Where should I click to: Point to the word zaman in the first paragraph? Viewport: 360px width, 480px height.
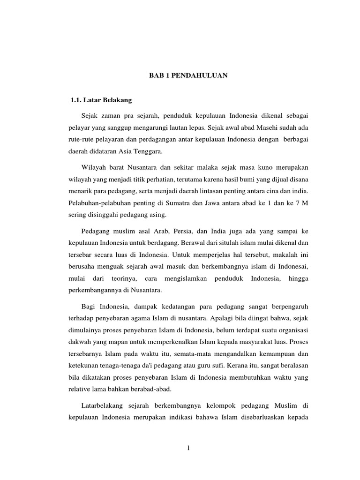click(x=110, y=115)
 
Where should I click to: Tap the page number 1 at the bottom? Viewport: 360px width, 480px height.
click(x=188, y=449)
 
